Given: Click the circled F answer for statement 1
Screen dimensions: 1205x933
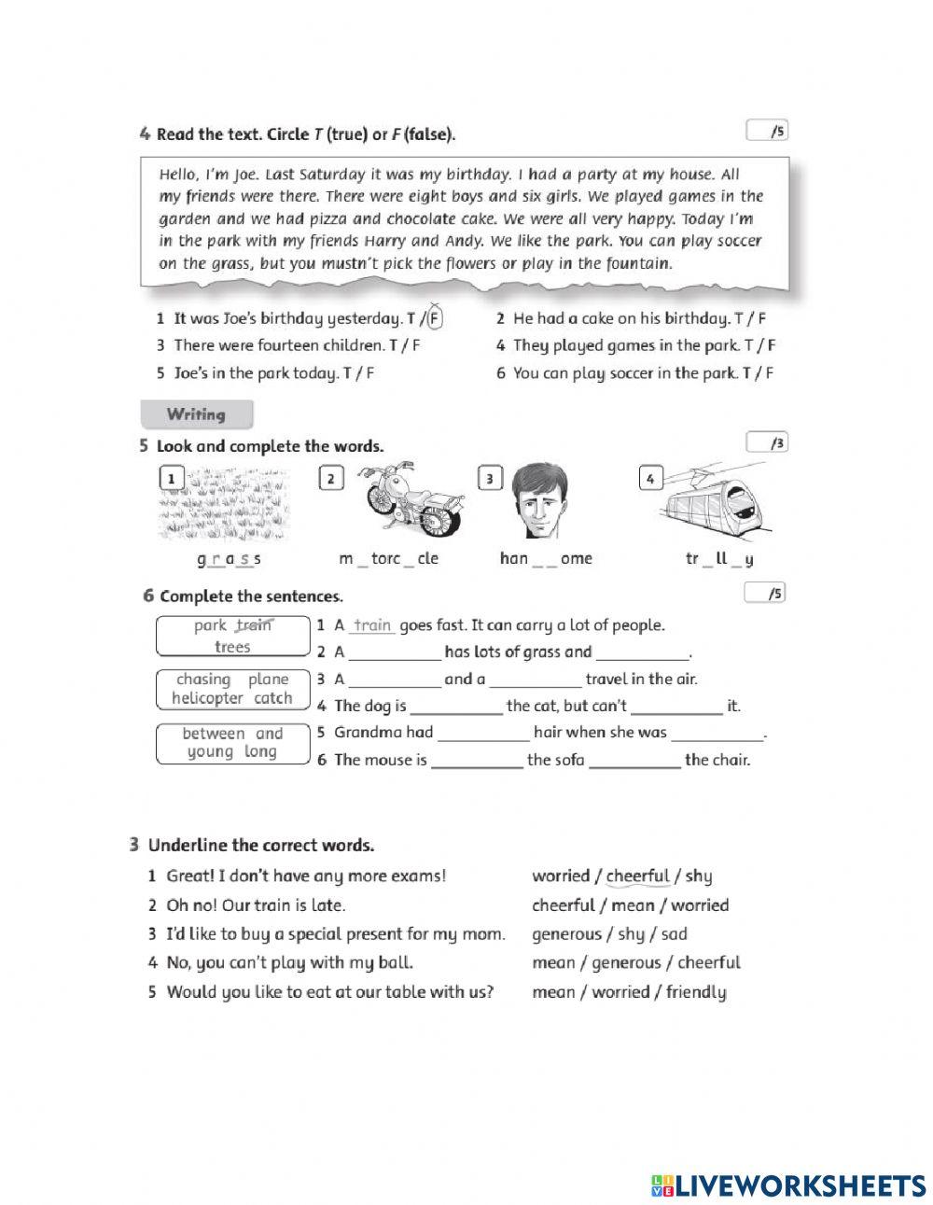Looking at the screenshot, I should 434,318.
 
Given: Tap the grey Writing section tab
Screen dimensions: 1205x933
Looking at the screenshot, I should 196,414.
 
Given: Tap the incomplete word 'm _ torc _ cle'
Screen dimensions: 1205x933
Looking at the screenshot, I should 388,559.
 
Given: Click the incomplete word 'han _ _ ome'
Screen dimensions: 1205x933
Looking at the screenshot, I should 546,559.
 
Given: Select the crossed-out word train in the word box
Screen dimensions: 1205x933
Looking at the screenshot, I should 253,625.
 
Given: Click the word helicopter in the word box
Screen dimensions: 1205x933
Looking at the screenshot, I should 207,698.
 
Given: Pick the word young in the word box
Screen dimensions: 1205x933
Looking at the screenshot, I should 211,752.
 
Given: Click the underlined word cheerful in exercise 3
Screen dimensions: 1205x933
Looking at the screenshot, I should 638,876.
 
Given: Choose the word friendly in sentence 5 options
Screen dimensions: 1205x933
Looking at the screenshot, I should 696,992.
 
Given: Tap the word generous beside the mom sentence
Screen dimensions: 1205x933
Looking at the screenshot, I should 566,933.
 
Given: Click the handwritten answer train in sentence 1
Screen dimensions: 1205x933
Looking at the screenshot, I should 372,625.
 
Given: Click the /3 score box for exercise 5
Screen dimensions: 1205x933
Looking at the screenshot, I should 767,442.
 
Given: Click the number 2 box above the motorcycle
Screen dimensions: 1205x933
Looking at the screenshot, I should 330,479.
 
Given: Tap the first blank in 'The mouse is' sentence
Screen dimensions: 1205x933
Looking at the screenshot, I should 477,761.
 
